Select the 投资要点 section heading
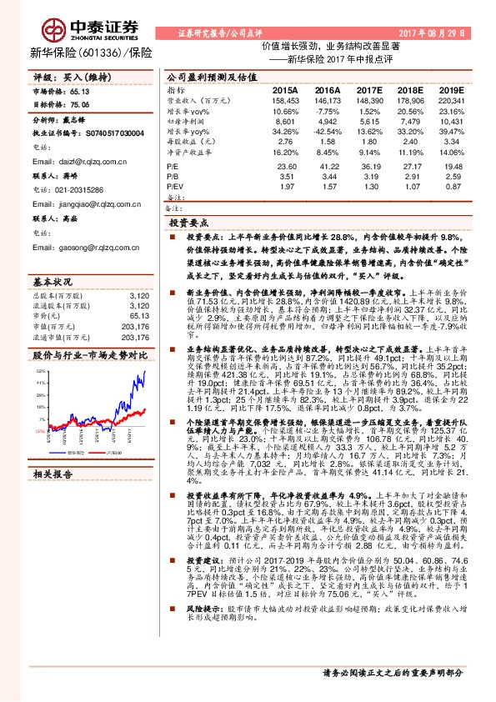tap(188, 224)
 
